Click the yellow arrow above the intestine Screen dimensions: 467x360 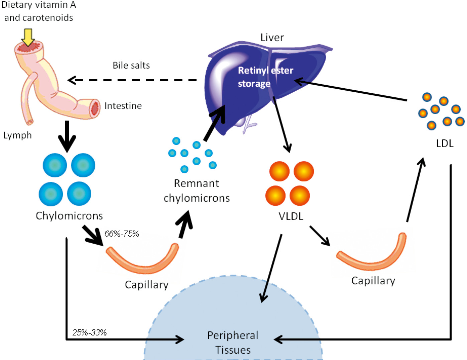pyautogui.click(x=28, y=37)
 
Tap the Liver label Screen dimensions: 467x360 pyautogui.click(x=272, y=37)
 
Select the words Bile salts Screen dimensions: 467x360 pyautogui.click(x=131, y=65)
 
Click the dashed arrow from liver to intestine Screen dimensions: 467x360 pyautogui.click(x=132, y=80)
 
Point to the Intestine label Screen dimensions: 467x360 pyautogui.click(x=123, y=106)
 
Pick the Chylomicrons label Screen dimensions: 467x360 pyautogui.click(x=69, y=216)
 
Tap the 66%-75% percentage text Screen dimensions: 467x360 pyautogui.click(x=122, y=234)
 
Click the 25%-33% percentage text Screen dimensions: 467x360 pyautogui.click(x=89, y=333)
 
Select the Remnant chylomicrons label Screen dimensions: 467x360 pyautogui.click(x=197, y=191)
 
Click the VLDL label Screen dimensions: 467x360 pyautogui.click(x=291, y=216)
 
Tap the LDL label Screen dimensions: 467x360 pyautogui.click(x=445, y=144)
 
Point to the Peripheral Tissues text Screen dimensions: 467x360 pyautogui.click(x=233, y=343)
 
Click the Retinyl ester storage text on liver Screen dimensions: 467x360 pyautogui.click(x=265, y=77)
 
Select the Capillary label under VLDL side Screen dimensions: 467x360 pyautogui.click(x=373, y=281)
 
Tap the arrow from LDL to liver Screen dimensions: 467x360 pyautogui.click(x=350, y=90)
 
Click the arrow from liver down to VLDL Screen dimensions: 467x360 pyautogui.click(x=282, y=124)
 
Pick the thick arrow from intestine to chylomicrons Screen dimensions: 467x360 pyautogui.click(x=67, y=137)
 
